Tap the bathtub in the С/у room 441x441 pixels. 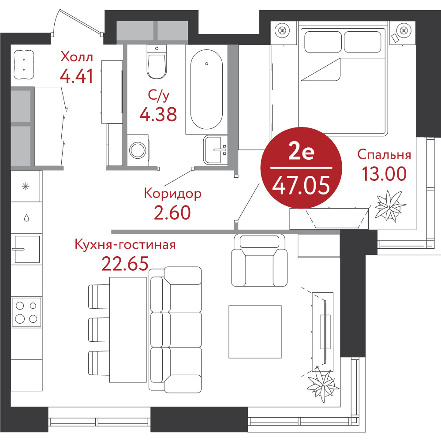206,90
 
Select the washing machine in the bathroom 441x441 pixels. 138,150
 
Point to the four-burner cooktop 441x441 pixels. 26,312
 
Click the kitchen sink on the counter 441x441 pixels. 27,249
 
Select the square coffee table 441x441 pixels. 255,332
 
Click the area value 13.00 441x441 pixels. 384,173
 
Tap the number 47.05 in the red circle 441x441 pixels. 301,186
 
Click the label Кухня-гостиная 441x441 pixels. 125,245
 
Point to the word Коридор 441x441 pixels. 173,194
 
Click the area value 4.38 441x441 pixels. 158,114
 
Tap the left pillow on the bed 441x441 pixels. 323,42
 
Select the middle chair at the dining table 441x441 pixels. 99,329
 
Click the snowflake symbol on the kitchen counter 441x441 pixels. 26,186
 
